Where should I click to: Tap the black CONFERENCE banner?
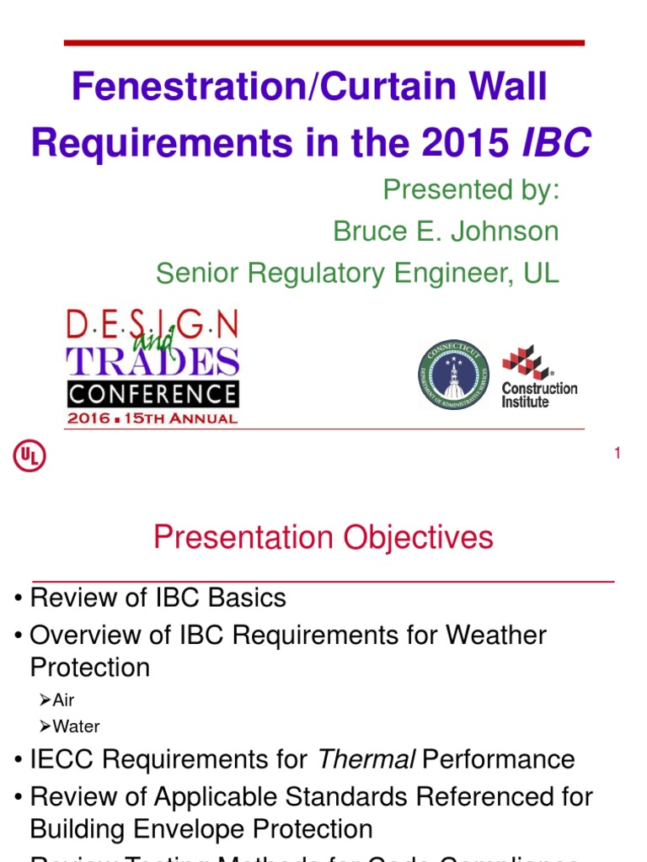pos(152,394)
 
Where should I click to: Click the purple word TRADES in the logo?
pos(152,360)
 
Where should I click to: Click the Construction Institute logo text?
pos(539,395)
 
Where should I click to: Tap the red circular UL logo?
pos(29,456)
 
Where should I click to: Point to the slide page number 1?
pos(618,454)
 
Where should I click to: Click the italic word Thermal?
pos(366,759)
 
